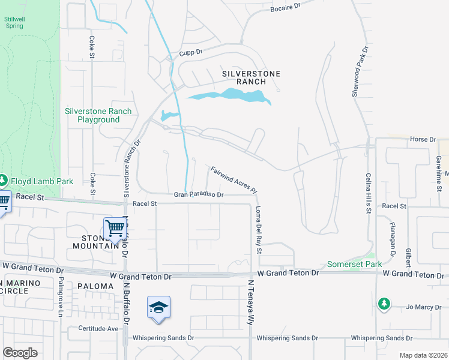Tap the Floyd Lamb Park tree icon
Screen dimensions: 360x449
pyautogui.click(x=4, y=180)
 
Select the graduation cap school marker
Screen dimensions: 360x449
pyautogui.click(x=158, y=307)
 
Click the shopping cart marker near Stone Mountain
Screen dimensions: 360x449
pyautogui.click(x=113, y=228)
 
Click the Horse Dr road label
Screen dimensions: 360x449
pyautogui.click(x=423, y=139)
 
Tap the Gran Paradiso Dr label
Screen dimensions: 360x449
pyautogui.click(x=199, y=194)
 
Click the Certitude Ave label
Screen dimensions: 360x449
pyautogui.click(x=98, y=329)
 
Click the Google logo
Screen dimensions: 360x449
pyautogui.click(x=20, y=353)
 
